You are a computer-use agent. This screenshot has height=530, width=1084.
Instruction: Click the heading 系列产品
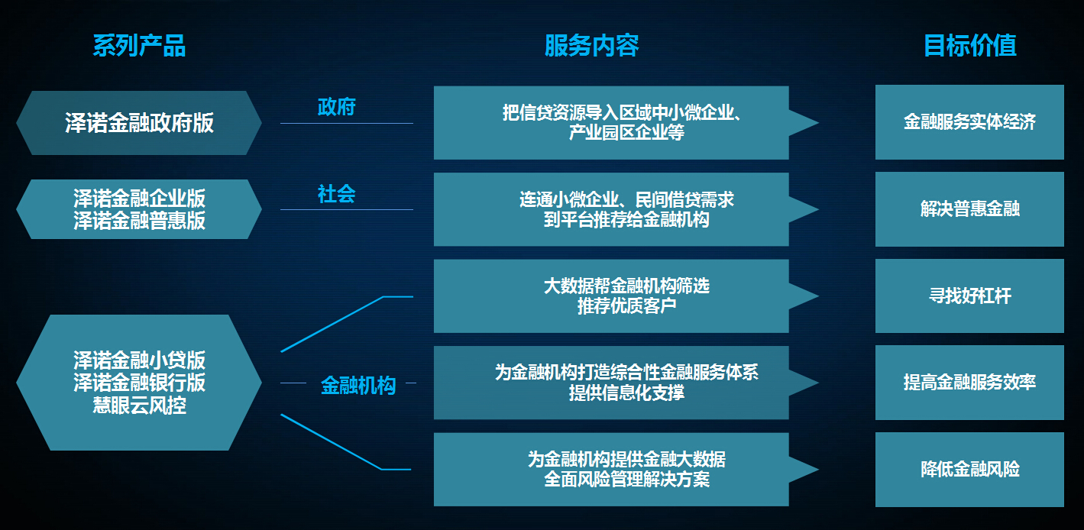pyautogui.click(x=139, y=46)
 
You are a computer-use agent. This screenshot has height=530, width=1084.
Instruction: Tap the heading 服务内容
pyautogui.click(x=591, y=46)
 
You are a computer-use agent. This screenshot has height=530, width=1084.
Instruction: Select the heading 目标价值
pyautogui.click(x=969, y=46)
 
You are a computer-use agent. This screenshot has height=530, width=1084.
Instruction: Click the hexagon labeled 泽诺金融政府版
pyautogui.click(x=139, y=123)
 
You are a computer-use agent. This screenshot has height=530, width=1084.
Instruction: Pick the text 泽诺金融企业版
pyautogui.click(x=139, y=199)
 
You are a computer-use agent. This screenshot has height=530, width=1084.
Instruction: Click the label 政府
pyautogui.click(x=337, y=108)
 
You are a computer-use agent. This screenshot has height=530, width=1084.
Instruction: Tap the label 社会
pyautogui.click(x=337, y=195)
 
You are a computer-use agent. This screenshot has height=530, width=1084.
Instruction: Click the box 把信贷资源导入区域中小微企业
pyautogui.click(x=611, y=123)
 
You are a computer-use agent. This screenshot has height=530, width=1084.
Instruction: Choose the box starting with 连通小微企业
pyautogui.click(x=611, y=209)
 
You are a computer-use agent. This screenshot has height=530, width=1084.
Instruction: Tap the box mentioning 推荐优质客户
pyautogui.click(x=611, y=296)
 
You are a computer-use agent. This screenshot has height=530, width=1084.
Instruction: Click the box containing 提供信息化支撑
pyautogui.click(x=611, y=383)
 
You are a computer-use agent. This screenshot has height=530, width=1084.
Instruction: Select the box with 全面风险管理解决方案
pyautogui.click(x=611, y=470)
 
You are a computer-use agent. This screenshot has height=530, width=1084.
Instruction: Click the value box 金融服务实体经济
pyautogui.click(x=969, y=122)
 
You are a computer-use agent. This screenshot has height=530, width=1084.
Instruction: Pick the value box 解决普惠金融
pyautogui.click(x=969, y=209)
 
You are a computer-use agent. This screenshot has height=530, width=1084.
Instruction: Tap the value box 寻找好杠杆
pyautogui.click(x=969, y=296)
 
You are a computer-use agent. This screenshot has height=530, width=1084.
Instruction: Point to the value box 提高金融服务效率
pyautogui.click(x=969, y=383)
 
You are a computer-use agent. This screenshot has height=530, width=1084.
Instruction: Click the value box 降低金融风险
pyautogui.click(x=969, y=470)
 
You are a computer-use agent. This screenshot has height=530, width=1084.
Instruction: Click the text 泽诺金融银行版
pyautogui.click(x=139, y=383)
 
